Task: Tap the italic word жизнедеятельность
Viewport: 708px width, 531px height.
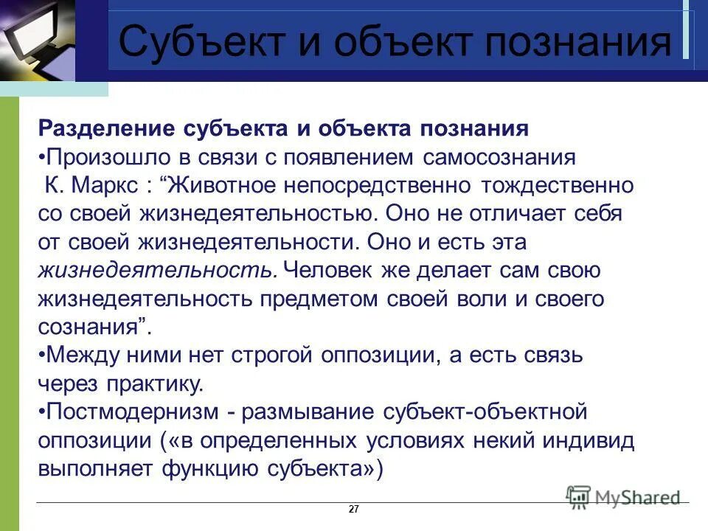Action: (157, 271)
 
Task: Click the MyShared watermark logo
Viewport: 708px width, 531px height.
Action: (623, 496)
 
